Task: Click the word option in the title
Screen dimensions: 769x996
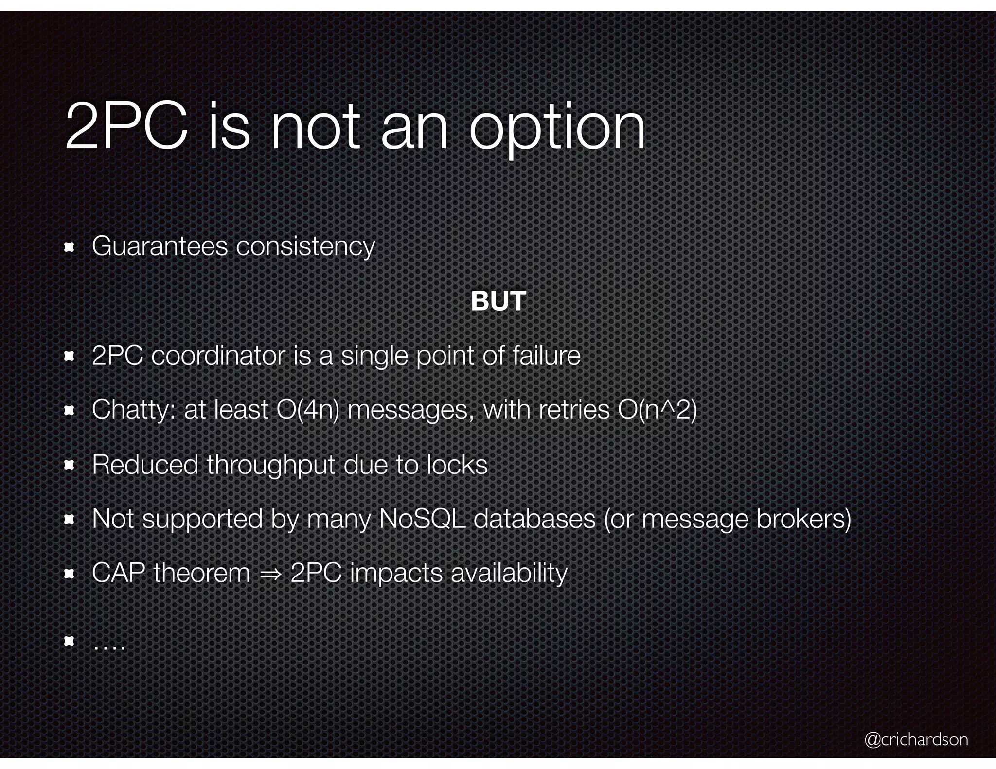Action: [557, 129]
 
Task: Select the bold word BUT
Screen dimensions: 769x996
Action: [498, 301]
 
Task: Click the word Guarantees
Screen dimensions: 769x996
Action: [160, 246]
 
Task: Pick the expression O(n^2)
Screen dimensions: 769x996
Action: [657, 410]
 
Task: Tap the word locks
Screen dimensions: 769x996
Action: [457, 465]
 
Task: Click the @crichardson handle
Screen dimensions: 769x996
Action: [916, 739]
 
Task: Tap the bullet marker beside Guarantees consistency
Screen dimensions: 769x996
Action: [69, 248]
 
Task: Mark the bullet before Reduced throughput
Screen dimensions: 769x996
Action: [69, 466]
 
